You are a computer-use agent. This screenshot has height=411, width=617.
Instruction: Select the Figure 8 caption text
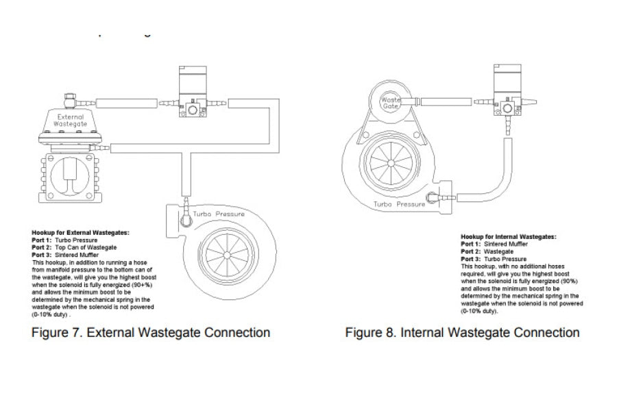tap(462, 333)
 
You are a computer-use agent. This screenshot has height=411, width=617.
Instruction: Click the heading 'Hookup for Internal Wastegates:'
tap(508, 236)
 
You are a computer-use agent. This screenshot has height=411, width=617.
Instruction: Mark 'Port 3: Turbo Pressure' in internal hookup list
tap(494, 259)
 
